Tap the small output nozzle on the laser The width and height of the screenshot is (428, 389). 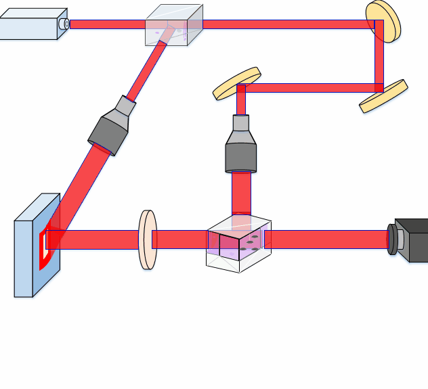[x=64, y=24]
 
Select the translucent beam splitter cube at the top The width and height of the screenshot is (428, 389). [x=174, y=26]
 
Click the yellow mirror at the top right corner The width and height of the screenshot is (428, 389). [x=383, y=20]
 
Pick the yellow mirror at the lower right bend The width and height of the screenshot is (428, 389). [x=383, y=95]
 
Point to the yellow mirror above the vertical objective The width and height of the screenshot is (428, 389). [x=237, y=83]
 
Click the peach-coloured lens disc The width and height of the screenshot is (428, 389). [x=147, y=239]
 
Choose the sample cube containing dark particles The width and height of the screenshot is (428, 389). [x=238, y=244]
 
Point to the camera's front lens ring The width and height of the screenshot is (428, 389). [x=392, y=239]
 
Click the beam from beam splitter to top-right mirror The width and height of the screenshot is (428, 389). [x=284, y=24]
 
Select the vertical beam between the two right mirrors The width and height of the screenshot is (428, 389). [x=379, y=58]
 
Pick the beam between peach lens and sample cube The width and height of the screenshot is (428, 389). [x=179, y=239]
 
